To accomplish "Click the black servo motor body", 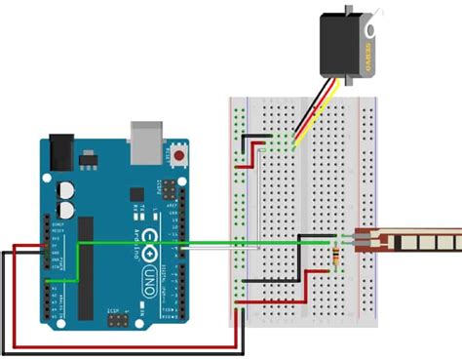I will [x=347, y=43].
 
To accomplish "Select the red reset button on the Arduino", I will [x=178, y=155].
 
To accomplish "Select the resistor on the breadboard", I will [x=336, y=258].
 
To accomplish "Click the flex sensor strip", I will [x=409, y=238].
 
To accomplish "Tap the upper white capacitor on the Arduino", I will [x=67, y=188].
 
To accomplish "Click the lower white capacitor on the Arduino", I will [x=67, y=208].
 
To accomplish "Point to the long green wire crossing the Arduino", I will [x=195, y=242].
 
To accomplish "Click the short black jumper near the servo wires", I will [x=255, y=136].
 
